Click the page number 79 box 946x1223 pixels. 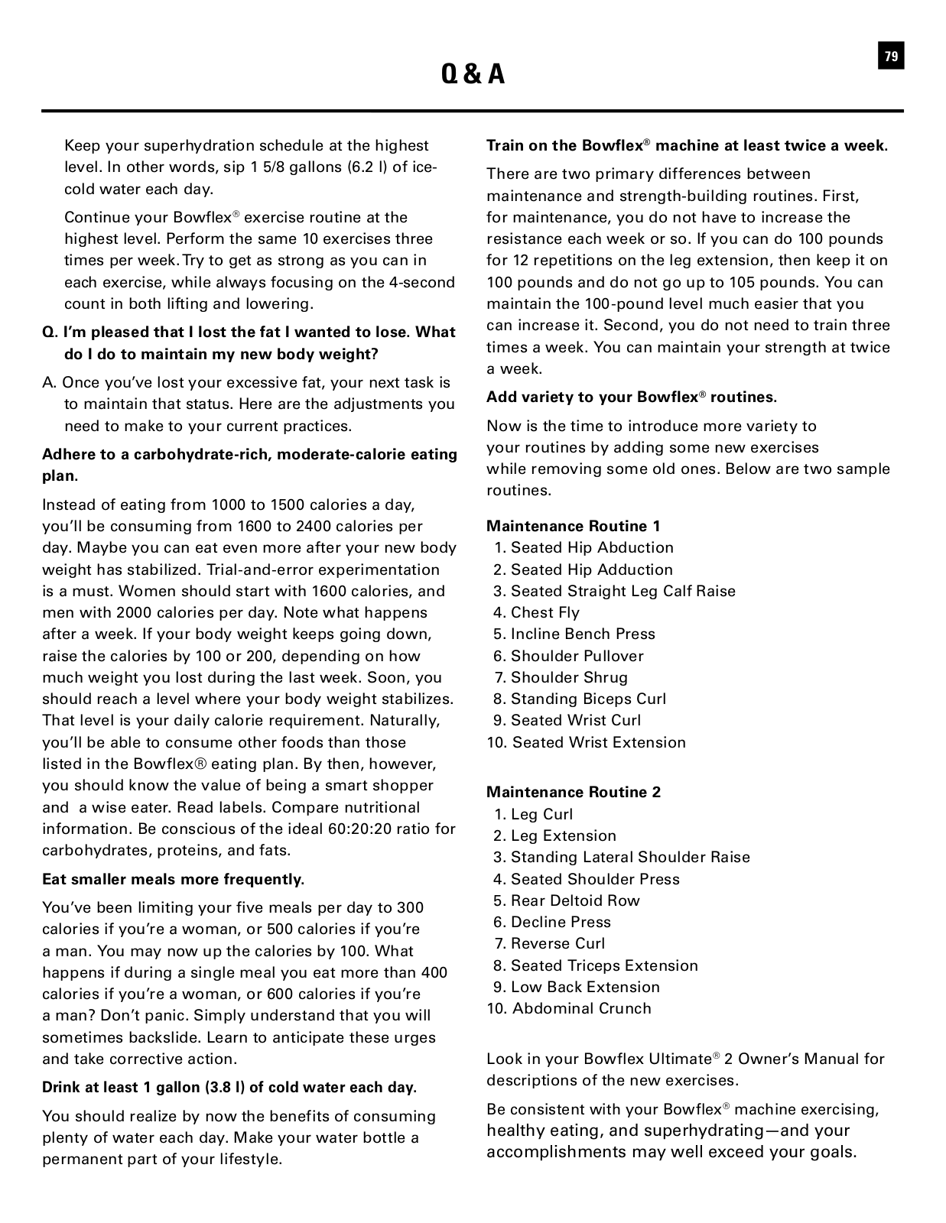891,57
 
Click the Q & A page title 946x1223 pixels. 473,75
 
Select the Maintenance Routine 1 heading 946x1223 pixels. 573,526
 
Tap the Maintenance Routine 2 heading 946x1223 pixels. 573,792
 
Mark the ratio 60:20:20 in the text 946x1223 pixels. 368,829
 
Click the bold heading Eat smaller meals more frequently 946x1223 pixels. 173,879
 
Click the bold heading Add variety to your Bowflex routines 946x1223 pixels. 631,397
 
